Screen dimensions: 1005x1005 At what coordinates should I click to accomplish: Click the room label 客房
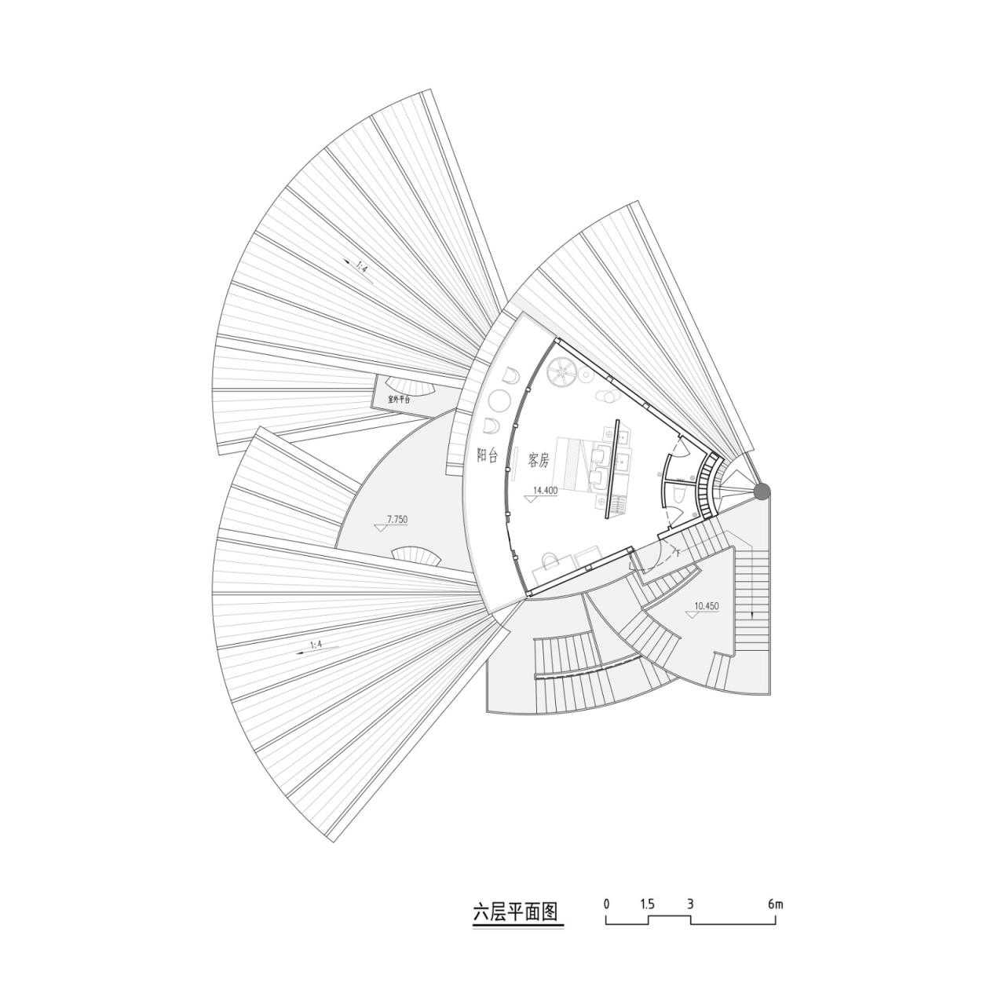(x=539, y=460)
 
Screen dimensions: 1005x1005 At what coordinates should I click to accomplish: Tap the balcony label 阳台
(x=487, y=455)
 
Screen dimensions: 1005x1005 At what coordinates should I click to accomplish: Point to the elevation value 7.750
(x=397, y=519)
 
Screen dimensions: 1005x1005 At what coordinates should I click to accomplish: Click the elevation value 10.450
(x=707, y=605)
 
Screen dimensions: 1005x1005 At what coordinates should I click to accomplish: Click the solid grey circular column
(x=762, y=491)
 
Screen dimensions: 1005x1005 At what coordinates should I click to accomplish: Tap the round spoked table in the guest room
(x=562, y=371)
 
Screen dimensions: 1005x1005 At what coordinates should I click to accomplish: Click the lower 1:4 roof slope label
(x=316, y=645)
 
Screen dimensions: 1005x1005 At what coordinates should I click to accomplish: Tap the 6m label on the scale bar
(x=775, y=904)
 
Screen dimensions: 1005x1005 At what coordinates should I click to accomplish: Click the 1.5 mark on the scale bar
(x=647, y=904)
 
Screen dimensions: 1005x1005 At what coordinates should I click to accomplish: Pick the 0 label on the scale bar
(x=607, y=904)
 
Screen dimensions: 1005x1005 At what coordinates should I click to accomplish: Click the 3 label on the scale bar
(x=690, y=904)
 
